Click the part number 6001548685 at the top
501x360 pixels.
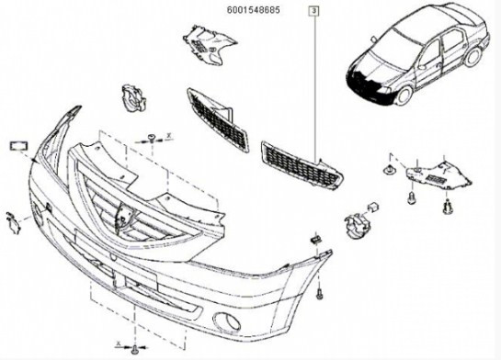254,10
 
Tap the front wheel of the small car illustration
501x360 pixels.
404,96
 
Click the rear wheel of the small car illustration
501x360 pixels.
473,57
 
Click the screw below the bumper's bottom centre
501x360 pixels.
134,349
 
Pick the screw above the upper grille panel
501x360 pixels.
151,138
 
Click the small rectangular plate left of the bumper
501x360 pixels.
19,146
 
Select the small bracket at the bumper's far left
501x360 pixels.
13,222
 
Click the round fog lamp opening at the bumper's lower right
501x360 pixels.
227,321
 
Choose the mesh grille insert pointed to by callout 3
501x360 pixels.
302,166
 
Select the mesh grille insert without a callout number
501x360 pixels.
217,120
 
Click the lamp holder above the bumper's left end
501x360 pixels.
133,98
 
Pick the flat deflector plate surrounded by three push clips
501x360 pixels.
438,175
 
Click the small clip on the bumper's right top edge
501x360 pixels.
315,239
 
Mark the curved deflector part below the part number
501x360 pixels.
209,46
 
